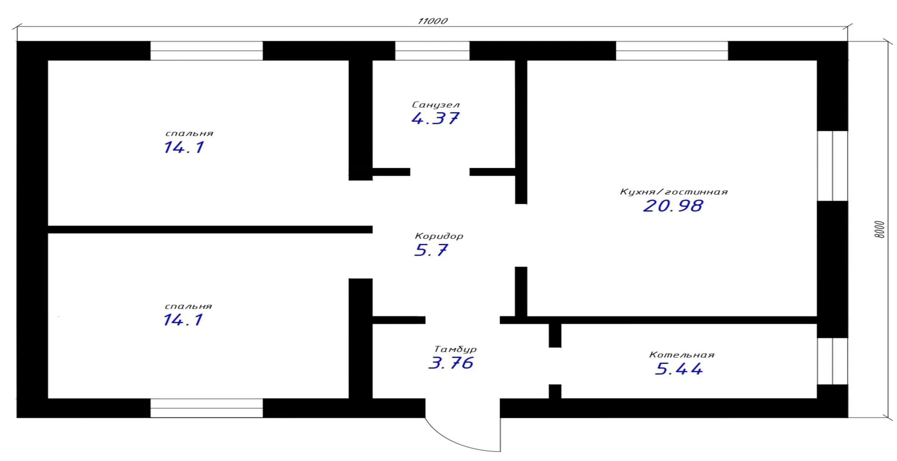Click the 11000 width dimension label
pyautogui.click(x=433, y=21)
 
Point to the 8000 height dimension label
pyautogui.click(x=879, y=229)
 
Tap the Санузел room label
pyautogui.click(x=436, y=105)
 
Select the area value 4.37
pyautogui.click(x=435, y=119)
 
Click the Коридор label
pyautogui.click(x=439, y=236)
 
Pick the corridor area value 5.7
pyautogui.click(x=431, y=250)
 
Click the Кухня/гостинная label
pyautogui.click(x=674, y=192)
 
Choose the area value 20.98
pyautogui.click(x=673, y=206)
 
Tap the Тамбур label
pyautogui.click(x=456, y=349)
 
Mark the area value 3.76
pyautogui.click(x=451, y=363)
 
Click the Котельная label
pyautogui.click(x=682, y=355)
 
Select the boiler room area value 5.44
pyautogui.click(x=679, y=369)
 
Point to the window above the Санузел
pyautogui.click(x=432, y=51)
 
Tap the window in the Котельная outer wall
pyautogui.click(x=833, y=361)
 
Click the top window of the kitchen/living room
pyautogui.click(x=672, y=51)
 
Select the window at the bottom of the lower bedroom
pyautogui.click(x=206, y=408)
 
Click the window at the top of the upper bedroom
pyautogui.click(x=206, y=51)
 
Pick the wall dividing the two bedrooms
pyautogui.click(x=210, y=230)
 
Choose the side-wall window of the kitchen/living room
pyautogui.click(x=833, y=166)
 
